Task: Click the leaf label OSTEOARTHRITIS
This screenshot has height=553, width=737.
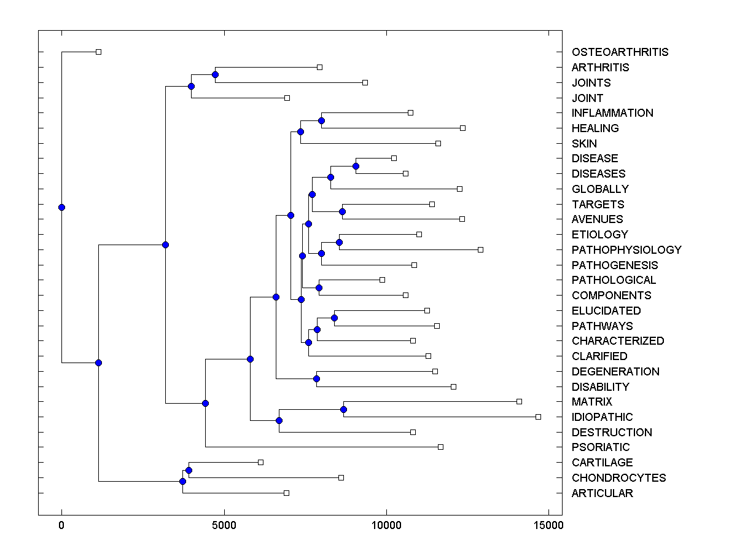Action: (x=620, y=52)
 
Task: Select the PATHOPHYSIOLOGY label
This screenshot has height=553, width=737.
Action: (x=626, y=250)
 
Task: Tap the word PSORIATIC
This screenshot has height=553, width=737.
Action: (x=601, y=447)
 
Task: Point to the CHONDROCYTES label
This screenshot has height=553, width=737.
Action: (x=618, y=478)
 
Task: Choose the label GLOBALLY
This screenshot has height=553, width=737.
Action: (x=600, y=189)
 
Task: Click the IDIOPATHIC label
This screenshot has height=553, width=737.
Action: (x=602, y=417)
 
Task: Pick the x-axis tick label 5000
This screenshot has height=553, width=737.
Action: (x=224, y=525)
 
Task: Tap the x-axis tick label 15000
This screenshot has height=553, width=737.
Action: (x=548, y=525)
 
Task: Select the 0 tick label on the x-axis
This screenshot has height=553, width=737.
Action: (x=61, y=525)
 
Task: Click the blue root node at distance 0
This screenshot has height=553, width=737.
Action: (x=61, y=207)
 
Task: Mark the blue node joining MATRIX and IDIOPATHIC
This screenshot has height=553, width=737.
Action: (x=344, y=409)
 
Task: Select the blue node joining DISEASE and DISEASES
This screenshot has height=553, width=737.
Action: (x=356, y=166)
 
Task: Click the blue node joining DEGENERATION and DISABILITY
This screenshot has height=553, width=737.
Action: (x=316, y=378)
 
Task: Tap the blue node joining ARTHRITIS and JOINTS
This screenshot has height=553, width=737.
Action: (x=215, y=74)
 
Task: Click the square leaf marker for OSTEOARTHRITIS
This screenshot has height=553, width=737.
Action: (x=98, y=52)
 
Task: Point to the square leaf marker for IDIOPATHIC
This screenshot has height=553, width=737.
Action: (x=538, y=417)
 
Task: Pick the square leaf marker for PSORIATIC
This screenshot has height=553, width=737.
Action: (x=440, y=447)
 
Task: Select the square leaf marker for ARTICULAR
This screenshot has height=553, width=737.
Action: (x=286, y=493)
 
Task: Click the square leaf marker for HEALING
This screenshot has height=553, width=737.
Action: (x=462, y=128)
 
